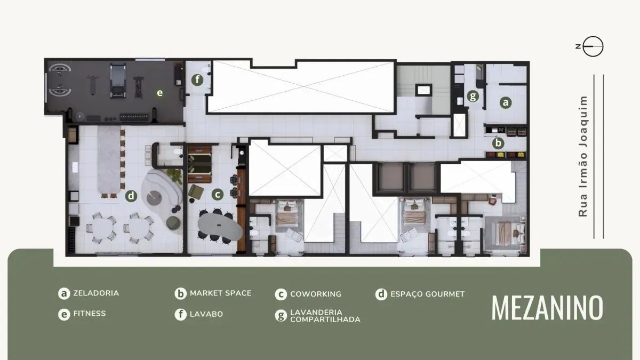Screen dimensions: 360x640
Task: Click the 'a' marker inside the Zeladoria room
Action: click(x=505, y=103)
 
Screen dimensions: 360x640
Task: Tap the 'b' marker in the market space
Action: click(x=498, y=143)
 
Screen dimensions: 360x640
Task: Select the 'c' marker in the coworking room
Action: click(x=217, y=195)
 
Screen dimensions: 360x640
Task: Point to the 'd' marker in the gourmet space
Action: click(x=131, y=196)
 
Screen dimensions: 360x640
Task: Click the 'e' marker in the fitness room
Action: click(x=159, y=93)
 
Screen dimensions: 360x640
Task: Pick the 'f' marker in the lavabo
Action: click(x=198, y=80)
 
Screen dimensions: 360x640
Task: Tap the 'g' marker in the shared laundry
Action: click(x=472, y=97)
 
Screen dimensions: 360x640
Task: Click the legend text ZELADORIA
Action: click(x=96, y=293)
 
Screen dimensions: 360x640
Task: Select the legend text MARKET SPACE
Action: click(x=220, y=293)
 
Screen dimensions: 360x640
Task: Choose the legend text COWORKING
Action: click(x=315, y=294)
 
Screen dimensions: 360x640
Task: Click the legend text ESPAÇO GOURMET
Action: click(x=427, y=294)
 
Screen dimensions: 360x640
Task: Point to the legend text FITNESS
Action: click(x=90, y=314)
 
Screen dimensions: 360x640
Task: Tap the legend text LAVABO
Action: click(x=206, y=314)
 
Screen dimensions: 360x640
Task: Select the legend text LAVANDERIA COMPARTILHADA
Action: click(x=325, y=316)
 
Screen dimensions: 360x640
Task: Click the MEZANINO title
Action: click(x=547, y=307)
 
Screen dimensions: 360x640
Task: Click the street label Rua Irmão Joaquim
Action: click(x=583, y=156)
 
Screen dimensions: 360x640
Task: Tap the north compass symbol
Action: click(x=593, y=47)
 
